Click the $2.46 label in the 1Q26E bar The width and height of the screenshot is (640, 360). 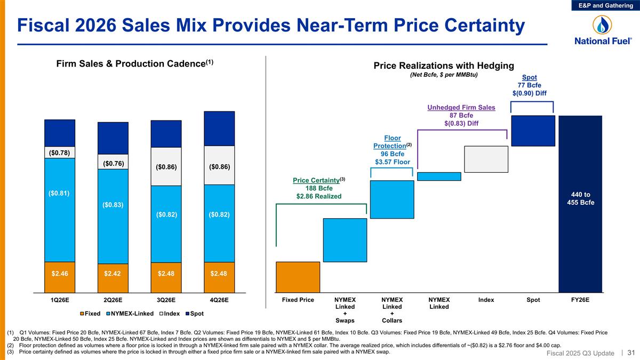60,274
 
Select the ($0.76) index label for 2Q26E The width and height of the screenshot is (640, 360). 113,162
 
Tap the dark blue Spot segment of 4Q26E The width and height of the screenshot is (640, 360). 219,128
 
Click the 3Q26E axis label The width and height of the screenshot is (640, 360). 166,300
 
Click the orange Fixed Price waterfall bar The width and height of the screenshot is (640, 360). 298,277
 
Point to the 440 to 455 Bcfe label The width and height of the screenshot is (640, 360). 580,198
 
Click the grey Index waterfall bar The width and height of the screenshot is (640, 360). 486,159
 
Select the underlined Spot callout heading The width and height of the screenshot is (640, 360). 529,77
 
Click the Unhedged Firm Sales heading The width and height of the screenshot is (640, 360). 461,108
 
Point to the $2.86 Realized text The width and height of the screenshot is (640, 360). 319,196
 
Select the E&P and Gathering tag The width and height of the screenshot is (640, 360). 606,5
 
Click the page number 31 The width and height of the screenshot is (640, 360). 631,353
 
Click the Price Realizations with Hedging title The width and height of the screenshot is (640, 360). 443,66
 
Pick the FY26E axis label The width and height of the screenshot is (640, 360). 580,300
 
